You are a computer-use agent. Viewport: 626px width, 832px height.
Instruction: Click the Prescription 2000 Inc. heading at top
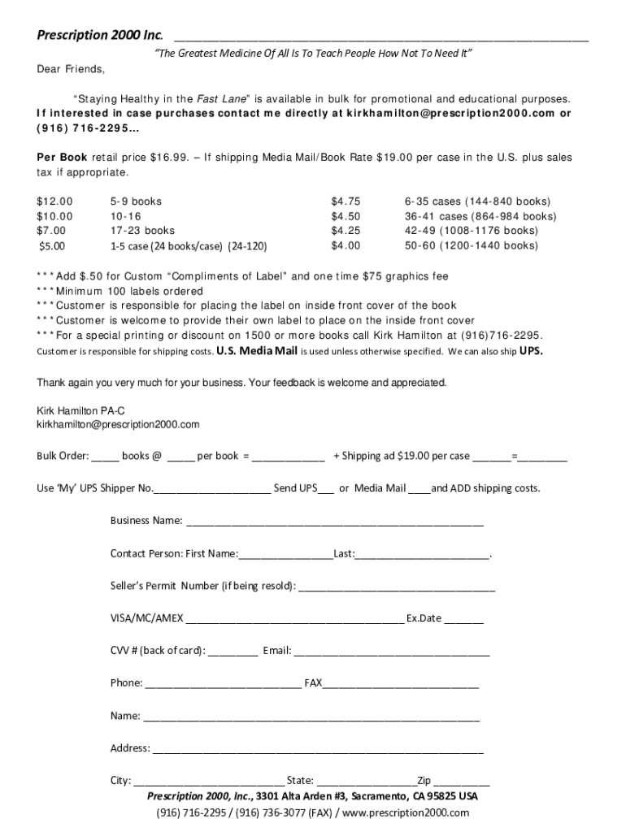[x=99, y=36]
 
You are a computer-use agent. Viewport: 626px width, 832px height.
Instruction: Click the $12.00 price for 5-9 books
[x=54, y=201]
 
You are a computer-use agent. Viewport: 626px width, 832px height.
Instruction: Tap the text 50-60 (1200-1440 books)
[x=471, y=245]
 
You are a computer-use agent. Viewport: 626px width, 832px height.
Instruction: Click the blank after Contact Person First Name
[x=285, y=555]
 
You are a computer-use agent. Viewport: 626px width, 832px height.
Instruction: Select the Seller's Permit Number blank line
[x=397, y=587]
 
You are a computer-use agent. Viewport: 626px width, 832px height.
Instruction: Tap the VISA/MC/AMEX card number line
[x=294, y=619]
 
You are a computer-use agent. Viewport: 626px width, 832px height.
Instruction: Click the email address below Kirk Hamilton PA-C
[x=118, y=424]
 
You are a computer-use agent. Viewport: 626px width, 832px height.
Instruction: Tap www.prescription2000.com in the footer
[x=406, y=812]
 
